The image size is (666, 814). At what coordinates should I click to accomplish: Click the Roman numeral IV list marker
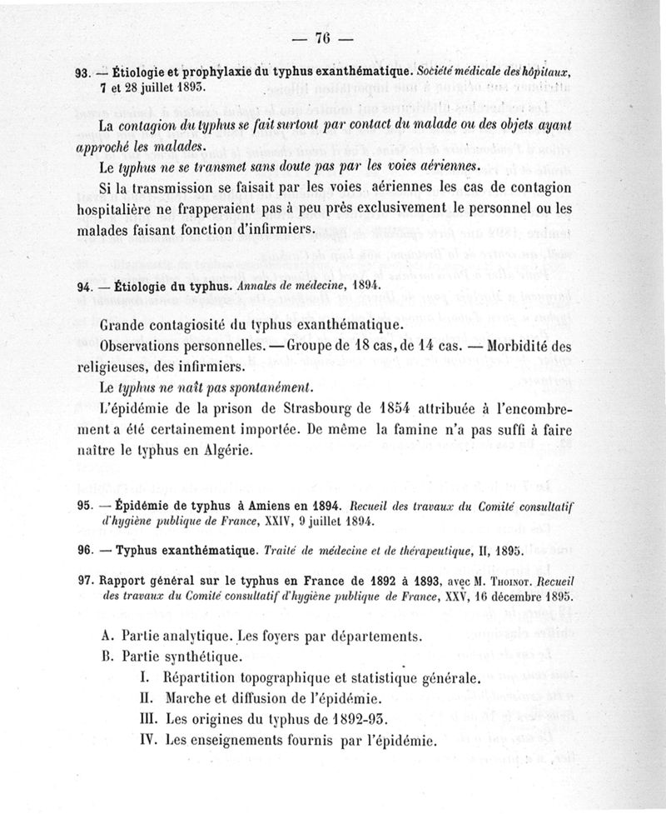151,739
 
